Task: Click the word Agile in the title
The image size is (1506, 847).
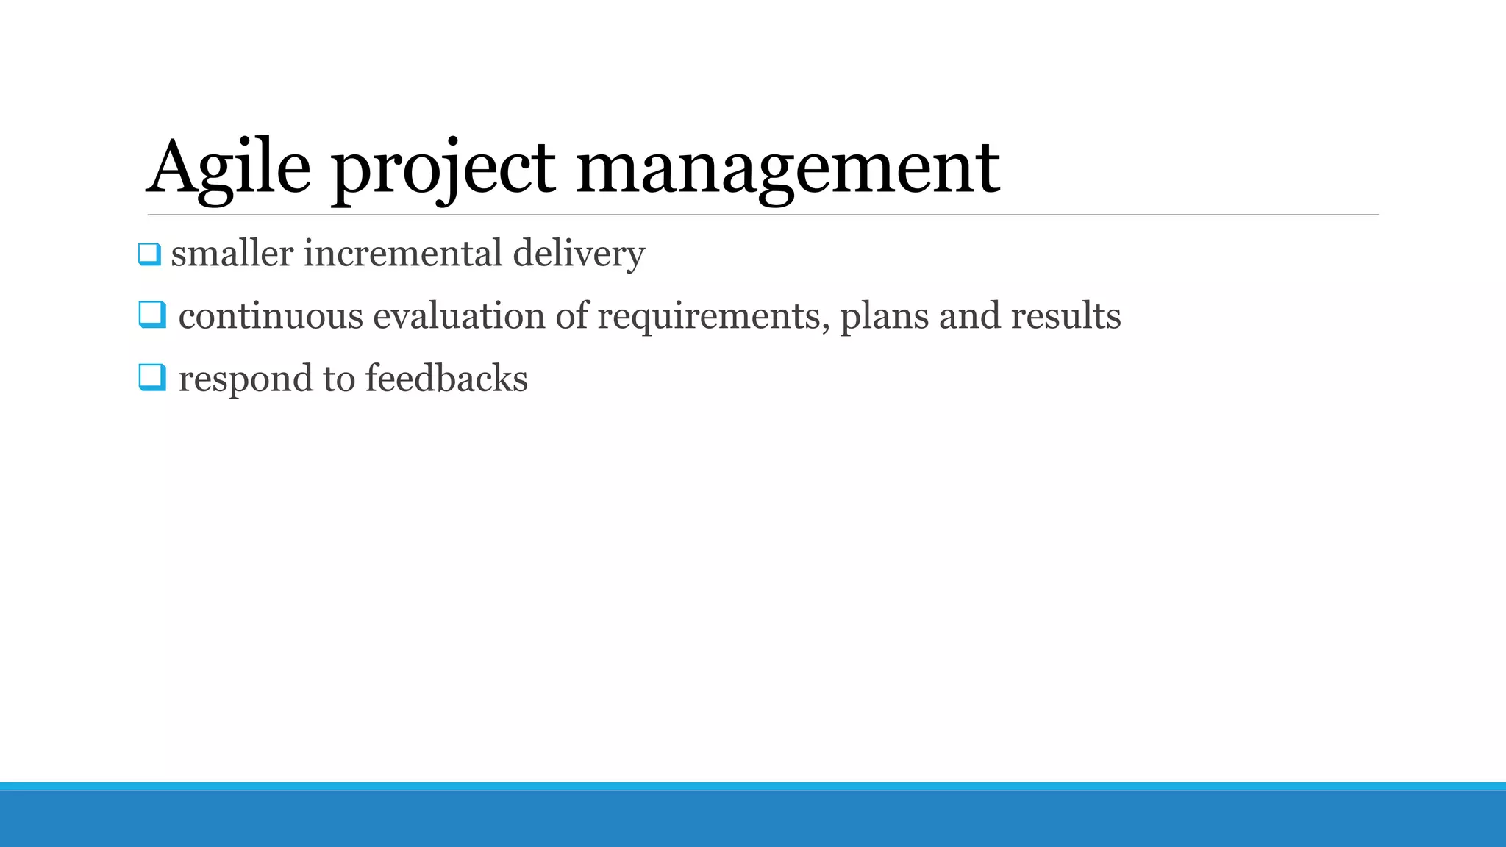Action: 229,168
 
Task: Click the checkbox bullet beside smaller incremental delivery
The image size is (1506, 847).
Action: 149,254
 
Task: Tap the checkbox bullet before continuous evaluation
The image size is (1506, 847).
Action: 152,315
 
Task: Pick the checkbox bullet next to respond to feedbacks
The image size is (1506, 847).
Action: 152,378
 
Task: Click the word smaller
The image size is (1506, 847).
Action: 232,254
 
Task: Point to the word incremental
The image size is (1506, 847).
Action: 403,254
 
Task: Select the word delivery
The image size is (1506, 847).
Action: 579,254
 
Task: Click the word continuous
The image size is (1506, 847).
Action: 271,316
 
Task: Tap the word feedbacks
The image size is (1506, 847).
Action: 446,379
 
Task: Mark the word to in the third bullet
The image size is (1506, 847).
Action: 339,379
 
